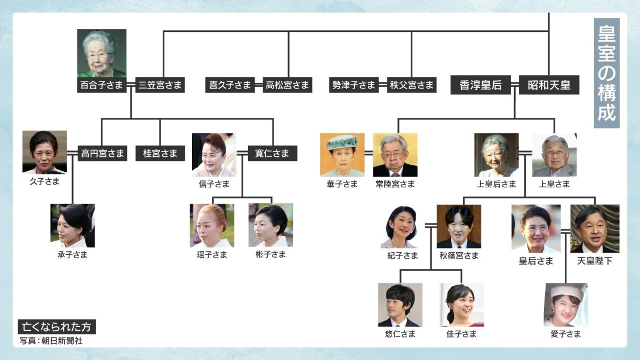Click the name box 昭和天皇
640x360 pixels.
point(549,85)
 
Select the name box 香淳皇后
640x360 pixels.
point(481,85)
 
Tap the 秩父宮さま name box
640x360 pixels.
point(412,85)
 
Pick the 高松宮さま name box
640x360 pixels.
point(287,85)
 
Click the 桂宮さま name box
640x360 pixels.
point(160,154)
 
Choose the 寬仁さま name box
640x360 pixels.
point(273,154)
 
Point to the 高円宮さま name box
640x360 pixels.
point(102,154)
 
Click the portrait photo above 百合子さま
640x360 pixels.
point(102,53)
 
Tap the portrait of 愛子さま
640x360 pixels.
point(565,305)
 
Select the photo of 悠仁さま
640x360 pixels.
point(400,305)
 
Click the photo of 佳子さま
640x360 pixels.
point(461,305)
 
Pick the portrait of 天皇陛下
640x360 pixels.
point(595,228)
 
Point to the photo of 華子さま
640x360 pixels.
point(342,155)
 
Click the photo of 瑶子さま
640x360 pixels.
point(212,226)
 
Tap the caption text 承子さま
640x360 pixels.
point(73,255)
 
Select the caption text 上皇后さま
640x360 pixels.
point(497,184)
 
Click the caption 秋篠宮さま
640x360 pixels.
point(459,255)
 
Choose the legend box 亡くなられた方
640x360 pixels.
point(57,327)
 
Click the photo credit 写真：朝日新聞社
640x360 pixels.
point(51,340)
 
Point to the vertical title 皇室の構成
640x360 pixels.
point(606,74)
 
